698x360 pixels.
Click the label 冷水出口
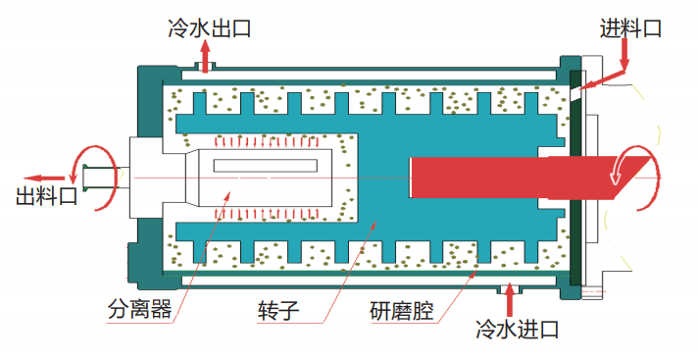(x=208, y=27)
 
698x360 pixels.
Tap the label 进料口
(x=630, y=28)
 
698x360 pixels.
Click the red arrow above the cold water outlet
(x=203, y=53)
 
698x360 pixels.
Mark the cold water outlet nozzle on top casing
(x=205, y=68)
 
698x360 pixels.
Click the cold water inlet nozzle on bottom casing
(x=509, y=287)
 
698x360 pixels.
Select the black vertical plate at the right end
(x=575, y=177)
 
